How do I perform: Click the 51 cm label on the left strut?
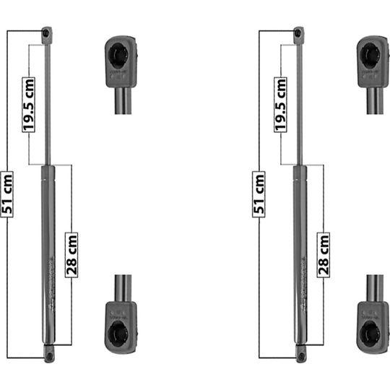coord(8,194)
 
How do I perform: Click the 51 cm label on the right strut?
coord(259,194)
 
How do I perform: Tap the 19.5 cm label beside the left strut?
coord(28,105)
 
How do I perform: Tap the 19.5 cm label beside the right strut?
coord(280,105)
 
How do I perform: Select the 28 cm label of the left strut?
coord(71,253)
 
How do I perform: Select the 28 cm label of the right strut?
coord(324,253)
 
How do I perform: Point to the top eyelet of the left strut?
coord(48,32)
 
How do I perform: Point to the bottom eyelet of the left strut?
coord(48,355)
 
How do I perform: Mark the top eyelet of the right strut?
coord(299,32)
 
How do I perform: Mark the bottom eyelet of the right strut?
coord(300,355)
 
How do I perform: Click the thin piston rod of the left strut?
coord(48,101)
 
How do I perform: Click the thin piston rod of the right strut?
coord(299,101)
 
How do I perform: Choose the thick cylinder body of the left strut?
coord(48,253)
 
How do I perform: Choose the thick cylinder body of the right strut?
coord(300,253)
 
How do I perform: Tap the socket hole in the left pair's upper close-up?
coord(118,53)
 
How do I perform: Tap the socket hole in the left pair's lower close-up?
coord(119,333)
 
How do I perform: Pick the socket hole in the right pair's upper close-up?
coord(370,53)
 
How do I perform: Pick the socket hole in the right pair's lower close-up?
coord(371,333)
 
